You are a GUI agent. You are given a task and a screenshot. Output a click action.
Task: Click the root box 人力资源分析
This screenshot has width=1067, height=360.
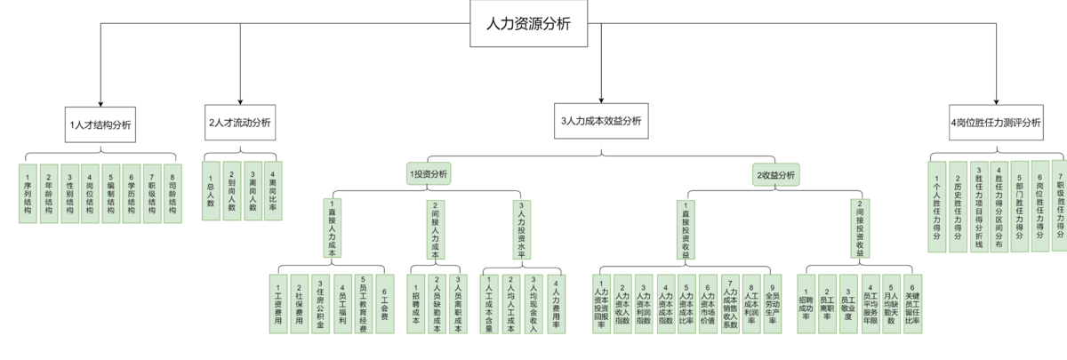pos(530,24)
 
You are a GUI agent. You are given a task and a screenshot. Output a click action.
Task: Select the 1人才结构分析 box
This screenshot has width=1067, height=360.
pos(100,125)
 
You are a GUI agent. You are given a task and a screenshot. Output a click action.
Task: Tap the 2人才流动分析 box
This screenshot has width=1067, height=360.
pos(240,122)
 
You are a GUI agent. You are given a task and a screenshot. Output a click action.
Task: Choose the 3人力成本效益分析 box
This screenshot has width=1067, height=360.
pos(601,120)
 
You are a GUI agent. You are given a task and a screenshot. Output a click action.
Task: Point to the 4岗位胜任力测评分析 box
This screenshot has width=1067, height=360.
pos(995,122)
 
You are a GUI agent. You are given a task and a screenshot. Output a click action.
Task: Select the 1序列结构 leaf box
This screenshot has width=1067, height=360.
pos(28,192)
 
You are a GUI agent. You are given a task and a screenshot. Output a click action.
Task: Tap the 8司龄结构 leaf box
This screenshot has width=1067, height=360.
pos(172,192)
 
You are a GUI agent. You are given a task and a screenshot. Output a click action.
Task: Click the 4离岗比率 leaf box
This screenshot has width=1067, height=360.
pos(274,185)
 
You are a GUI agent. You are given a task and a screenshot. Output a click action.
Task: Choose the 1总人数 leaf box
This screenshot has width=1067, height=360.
pos(210,185)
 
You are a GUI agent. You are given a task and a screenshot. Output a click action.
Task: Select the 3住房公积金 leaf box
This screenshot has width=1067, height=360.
pos(319,303)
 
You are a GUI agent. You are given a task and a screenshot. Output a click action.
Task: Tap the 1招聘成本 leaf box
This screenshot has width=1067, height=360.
pos(416,303)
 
